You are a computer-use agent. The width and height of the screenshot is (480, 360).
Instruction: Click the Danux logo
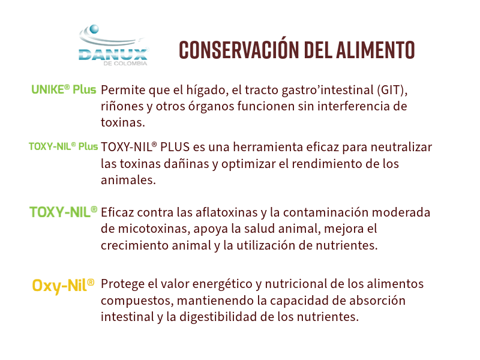(x=113, y=46)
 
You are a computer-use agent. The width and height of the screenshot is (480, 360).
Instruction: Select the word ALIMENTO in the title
(x=376, y=50)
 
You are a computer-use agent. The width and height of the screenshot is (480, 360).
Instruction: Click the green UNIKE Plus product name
(x=64, y=89)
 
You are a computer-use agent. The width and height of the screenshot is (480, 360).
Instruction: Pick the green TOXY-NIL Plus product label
(x=64, y=146)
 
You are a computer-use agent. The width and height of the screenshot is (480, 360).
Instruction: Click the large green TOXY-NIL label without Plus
(x=64, y=212)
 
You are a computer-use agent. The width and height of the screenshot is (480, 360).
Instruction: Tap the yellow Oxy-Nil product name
(x=63, y=286)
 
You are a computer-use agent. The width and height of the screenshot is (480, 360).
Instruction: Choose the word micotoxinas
(x=153, y=229)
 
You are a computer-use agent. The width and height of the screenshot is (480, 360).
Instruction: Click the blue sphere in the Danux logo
(x=94, y=29)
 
